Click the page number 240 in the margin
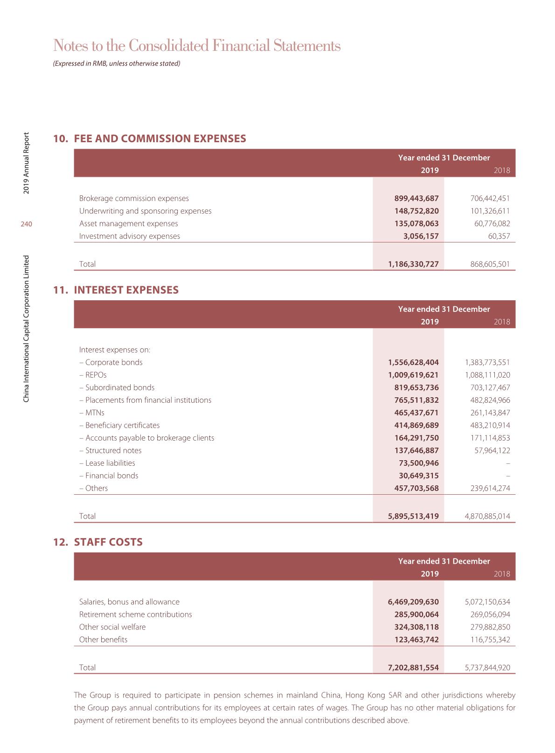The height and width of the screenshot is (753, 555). [26, 224]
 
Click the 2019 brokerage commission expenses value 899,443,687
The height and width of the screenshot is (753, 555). [416, 199]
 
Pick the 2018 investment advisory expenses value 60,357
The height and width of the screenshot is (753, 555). [499, 236]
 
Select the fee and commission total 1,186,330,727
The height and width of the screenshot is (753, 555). [413, 264]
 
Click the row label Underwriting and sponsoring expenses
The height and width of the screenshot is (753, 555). [145, 211]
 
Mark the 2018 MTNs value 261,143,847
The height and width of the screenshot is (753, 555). [490, 413]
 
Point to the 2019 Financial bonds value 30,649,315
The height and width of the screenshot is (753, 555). [419, 476]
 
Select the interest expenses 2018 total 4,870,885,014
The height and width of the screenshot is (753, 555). [487, 517]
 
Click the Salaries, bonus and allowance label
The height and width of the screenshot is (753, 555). [129, 602]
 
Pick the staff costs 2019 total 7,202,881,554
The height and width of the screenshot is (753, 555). [413, 668]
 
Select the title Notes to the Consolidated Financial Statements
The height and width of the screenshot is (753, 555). [197, 46]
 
